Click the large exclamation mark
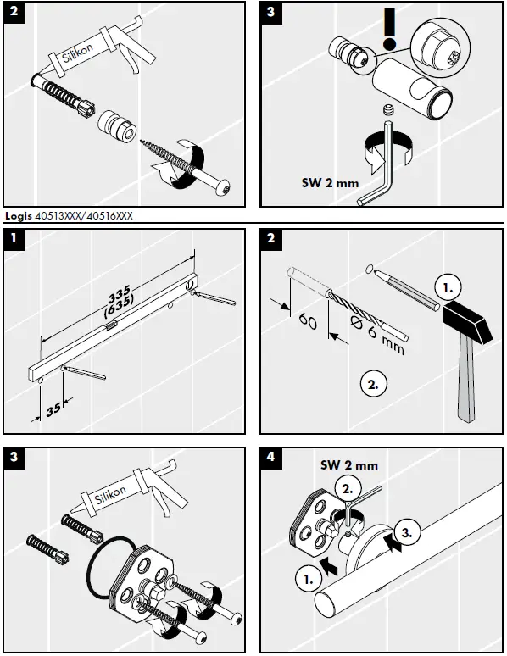coord(389,31)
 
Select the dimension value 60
coord(308,322)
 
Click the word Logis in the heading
coord(17,217)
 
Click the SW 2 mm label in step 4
coord(348,465)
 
